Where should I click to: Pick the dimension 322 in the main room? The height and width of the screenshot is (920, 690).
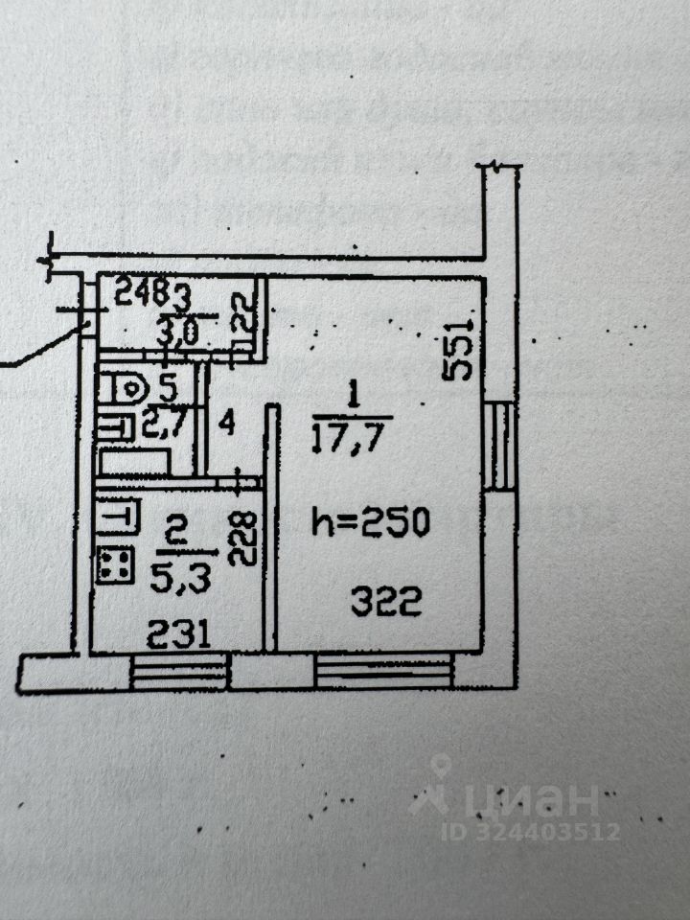pyautogui.click(x=386, y=603)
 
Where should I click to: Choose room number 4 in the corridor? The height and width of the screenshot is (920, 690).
pyautogui.click(x=227, y=422)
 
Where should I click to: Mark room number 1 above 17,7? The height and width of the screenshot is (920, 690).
pyautogui.click(x=352, y=393)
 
